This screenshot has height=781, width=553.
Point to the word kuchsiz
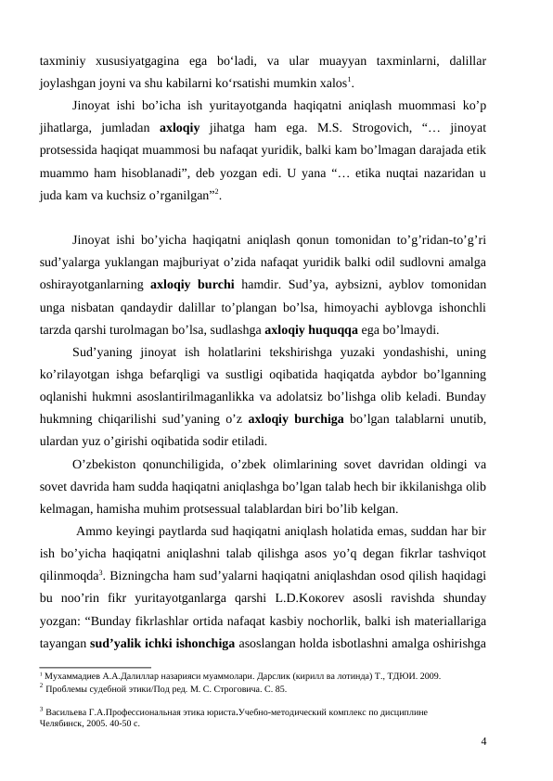click(134, 198)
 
